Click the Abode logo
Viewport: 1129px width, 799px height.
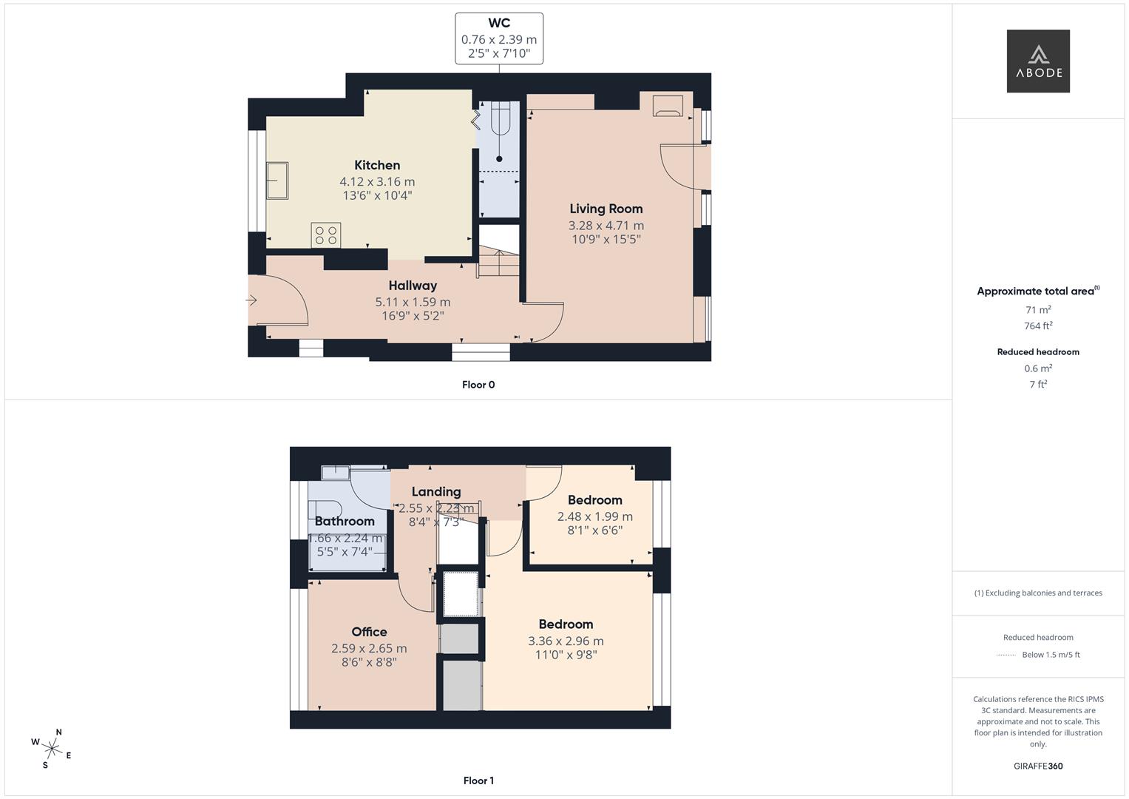[x=1037, y=61]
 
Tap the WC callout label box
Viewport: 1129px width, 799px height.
[x=499, y=38]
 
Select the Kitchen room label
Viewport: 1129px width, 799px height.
[x=377, y=165]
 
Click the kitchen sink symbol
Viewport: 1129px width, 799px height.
[x=277, y=181]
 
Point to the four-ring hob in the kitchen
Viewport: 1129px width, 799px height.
[x=326, y=235]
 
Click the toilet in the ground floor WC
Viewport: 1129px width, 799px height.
[x=500, y=121]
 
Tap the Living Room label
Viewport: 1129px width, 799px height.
[x=606, y=209]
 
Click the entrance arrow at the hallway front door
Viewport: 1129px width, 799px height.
[x=251, y=300]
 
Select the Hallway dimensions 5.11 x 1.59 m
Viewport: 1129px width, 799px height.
[x=413, y=302]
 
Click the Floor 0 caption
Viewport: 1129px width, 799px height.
[x=478, y=385]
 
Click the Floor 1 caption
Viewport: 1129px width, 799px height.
[x=478, y=781]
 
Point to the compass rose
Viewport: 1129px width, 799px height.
[x=51, y=748]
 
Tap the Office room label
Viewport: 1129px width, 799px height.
[x=369, y=632]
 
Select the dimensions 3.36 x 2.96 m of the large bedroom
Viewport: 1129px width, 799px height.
[x=566, y=641]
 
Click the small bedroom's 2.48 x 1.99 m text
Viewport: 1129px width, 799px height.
[x=594, y=516]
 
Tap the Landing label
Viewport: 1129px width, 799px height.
[x=436, y=491]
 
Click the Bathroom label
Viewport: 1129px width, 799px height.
[x=345, y=521]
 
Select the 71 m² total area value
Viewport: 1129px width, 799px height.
[x=1038, y=310]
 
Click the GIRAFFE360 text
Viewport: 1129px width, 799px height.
[x=1038, y=766]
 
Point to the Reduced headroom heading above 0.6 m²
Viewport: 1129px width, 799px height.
[x=1038, y=352]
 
